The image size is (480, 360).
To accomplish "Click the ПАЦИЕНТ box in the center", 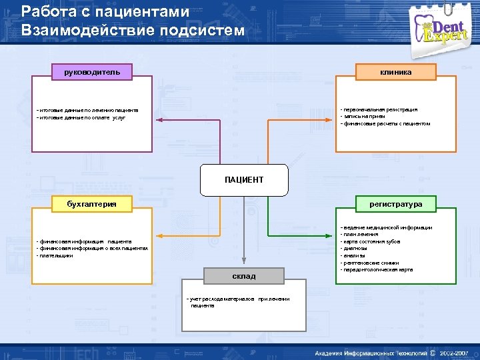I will click(244, 179).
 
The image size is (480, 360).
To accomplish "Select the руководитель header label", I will click(92, 71).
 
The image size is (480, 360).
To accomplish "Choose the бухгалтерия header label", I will click(92, 203).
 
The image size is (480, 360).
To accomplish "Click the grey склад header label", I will click(244, 275).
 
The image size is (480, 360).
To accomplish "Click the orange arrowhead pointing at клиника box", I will click(331, 120).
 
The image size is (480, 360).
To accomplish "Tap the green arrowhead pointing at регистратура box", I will click(331, 235).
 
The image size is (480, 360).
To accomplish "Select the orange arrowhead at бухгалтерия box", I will click(158, 235).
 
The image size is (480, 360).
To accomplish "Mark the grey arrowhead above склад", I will click(244, 264).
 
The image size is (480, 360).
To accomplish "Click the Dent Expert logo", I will click(444, 29).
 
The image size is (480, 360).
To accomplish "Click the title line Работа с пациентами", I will click(105, 11).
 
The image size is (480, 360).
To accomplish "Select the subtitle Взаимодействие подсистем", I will click(133, 30).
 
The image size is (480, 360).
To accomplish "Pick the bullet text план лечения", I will click(361, 235).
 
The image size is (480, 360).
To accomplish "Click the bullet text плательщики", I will click(56, 255).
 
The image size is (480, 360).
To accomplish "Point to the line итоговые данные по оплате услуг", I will click(81, 117).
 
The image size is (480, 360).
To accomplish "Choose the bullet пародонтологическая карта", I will click(377, 270).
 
